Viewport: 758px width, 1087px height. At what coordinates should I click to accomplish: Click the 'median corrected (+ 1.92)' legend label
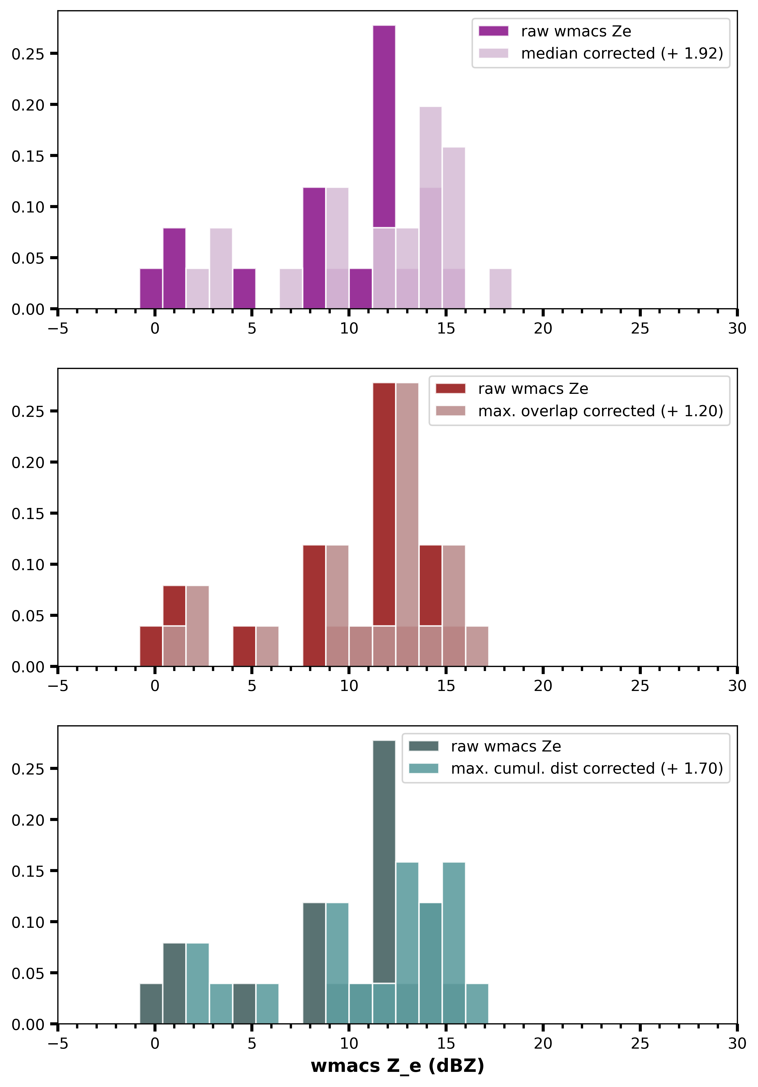coord(622,54)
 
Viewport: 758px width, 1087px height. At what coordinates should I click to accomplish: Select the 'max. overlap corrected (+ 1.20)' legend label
coord(600,411)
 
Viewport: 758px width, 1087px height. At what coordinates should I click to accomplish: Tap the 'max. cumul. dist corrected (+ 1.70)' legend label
coord(587,768)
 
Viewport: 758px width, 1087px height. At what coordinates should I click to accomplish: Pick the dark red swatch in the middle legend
coord(450,389)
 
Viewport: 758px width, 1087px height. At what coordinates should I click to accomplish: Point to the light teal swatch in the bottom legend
coord(423,768)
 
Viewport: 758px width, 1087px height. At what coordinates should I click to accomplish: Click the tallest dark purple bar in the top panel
coord(384,123)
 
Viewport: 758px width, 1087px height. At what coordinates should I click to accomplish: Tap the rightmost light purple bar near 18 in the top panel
coord(500,289)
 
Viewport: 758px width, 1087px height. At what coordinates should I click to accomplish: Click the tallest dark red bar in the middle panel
coord(384,502)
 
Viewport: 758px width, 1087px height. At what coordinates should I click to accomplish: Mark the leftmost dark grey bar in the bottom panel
coord(151,1004)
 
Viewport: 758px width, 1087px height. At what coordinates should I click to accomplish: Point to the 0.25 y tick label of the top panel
coord(27,54)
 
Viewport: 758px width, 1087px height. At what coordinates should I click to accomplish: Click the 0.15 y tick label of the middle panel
coord(27,514)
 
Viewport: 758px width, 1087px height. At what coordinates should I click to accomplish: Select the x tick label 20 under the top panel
coord(543,328)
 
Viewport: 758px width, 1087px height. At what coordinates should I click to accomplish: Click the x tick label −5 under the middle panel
coord(58,686)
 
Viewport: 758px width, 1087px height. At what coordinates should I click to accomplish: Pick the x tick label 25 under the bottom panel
coord(640,1043)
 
